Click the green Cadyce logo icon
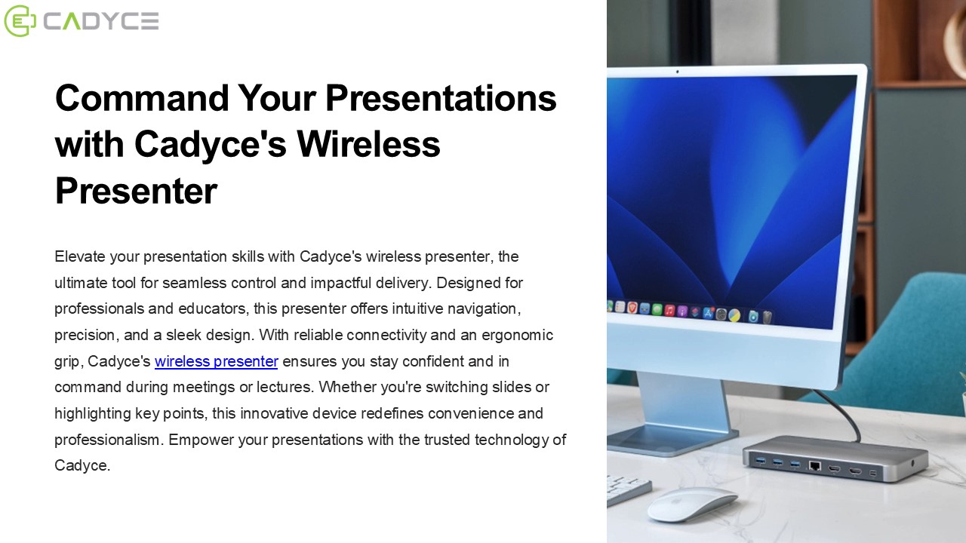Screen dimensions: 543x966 point(20,21)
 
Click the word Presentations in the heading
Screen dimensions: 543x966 point(441,98)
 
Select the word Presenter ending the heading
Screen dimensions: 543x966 point(136,192)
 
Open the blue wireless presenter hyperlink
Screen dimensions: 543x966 point(216,361)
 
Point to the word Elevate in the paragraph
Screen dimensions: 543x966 point(80,256)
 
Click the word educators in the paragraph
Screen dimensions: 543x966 point(216,308)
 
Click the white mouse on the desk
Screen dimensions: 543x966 point(691,503)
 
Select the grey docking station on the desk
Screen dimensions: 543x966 point(834,459)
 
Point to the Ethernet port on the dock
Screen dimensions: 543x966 point(814,465)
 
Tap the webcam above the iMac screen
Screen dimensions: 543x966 point(677,72)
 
